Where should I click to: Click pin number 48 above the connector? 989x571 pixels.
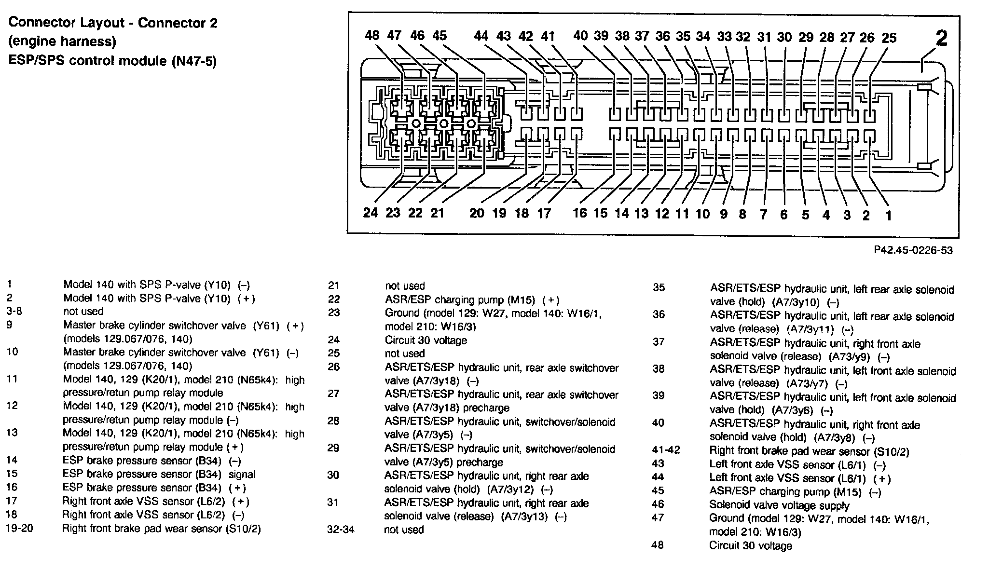point(372,35)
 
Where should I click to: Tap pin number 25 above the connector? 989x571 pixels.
point(889,38)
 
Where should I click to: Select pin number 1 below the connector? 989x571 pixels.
point(888,215)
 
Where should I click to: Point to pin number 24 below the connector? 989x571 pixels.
point(371,213)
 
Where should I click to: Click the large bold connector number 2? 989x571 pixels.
point(941,38)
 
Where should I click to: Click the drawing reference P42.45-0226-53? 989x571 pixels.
point(913,250)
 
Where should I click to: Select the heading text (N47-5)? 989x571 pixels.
point(194,61)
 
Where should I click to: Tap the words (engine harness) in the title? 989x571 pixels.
point(62,41)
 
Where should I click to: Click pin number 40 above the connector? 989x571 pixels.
point(580,36)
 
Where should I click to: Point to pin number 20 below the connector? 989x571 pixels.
point(477,213)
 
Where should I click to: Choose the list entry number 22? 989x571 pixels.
point(334,299)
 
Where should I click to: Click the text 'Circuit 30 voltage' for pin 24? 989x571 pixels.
point(426,340)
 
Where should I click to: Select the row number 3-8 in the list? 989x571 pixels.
point(14,311)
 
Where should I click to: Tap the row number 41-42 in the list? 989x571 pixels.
point(666,450)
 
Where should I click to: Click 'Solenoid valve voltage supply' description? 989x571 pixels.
point(779,505)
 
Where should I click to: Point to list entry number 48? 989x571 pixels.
point(658,545)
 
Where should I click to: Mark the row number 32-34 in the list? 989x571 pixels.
point(341,530)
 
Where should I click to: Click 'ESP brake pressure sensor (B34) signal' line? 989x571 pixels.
point(159,474)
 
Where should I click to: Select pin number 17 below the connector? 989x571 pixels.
point(544,213)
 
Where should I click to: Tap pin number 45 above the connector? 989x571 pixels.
point(440,35)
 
